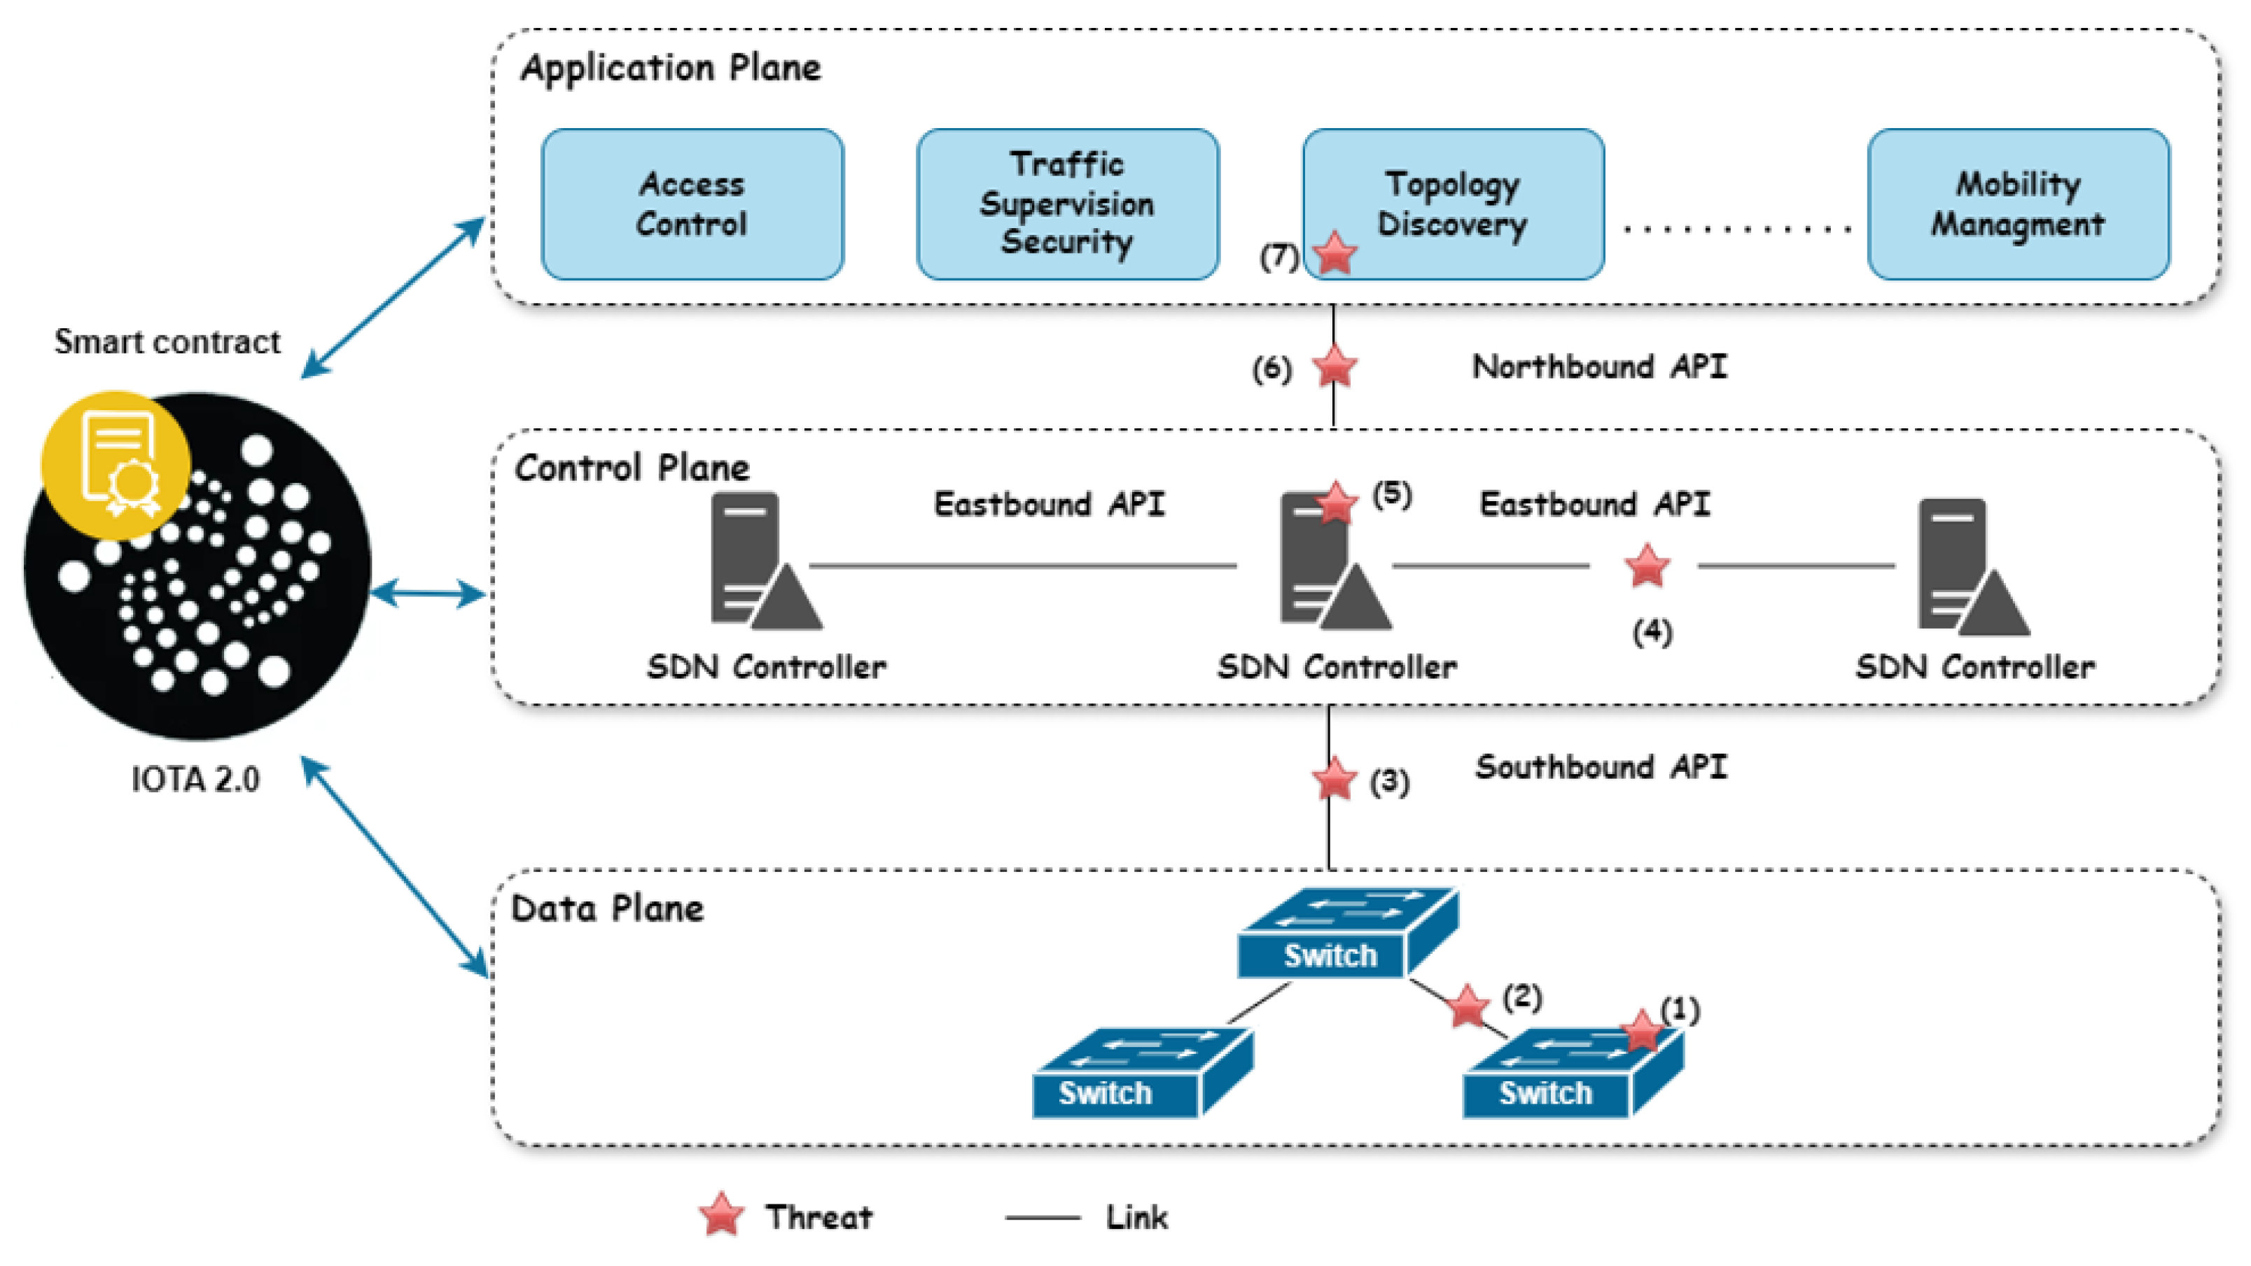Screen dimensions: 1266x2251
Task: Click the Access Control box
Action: (692, 204)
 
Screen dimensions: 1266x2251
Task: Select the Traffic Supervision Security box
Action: (1067, 204)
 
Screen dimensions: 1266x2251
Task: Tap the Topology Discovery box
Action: (1454, 204)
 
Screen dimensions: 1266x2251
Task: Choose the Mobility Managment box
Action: (2018, 204)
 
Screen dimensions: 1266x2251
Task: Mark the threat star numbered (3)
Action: (1334, 780)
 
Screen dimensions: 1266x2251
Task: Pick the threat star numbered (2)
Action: (1468, 1006)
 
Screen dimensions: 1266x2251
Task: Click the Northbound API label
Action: (1599, 367)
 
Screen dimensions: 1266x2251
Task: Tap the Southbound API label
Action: (1601, 767)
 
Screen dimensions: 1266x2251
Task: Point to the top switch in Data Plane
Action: (1346, 933)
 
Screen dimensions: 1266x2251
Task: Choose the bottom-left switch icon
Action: (1141, 1073)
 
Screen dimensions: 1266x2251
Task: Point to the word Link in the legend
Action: (1136, 1217)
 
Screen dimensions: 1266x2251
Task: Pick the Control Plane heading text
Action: (632, 468)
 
